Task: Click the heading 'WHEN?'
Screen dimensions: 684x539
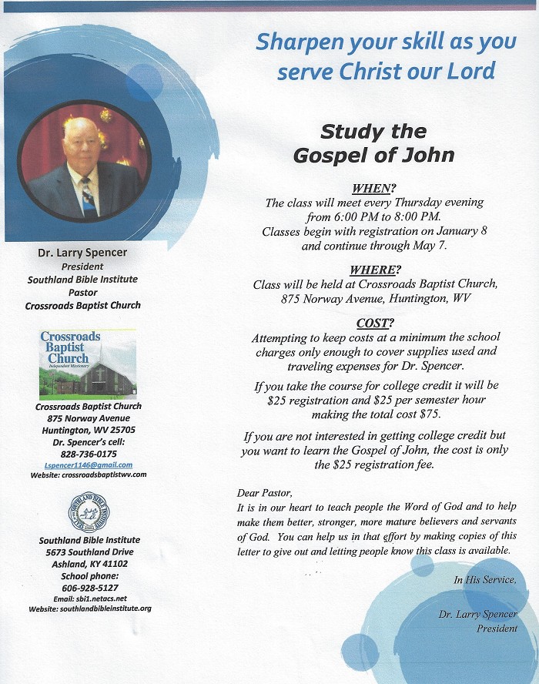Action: pyautogui.click(x=374, y=189)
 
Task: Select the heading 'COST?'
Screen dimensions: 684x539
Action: pyautogui.click(x=375, y=323)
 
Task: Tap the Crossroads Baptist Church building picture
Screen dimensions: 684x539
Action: pyautogui.click(x=88, y=364)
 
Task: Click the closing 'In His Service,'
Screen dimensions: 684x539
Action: pyautogui.click(x=485, y=580)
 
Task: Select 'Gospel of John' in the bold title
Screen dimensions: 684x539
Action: pyautogui.click(x=374, y=155)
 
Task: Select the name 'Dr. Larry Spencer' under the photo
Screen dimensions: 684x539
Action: pyautogui.click(x=83, y=252)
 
